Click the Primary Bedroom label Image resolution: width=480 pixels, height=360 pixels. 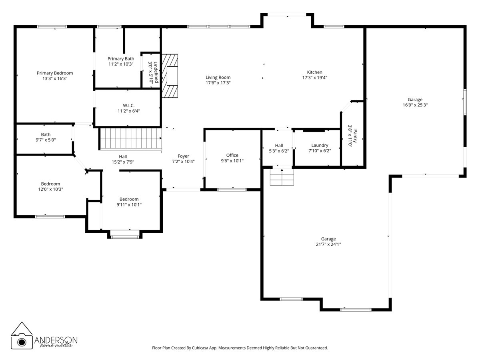click(x=55, y=73)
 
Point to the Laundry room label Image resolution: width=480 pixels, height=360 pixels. click(x=320, y=145)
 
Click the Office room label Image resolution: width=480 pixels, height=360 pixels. click(x=232, y=155)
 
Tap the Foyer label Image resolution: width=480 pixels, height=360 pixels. click(x=183, y=156)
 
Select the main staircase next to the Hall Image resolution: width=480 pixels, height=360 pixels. click(x=130, y=138)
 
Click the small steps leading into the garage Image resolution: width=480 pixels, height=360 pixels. click(x=282, y=177)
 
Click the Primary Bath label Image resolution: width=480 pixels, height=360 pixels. click(x=120, y=59)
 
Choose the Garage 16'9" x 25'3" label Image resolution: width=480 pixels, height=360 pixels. click(x=415, y=100)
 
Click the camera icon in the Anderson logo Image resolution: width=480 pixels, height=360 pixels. click(x=21, y=341)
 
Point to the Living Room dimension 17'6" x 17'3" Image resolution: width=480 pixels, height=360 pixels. click(x=218, y=83)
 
